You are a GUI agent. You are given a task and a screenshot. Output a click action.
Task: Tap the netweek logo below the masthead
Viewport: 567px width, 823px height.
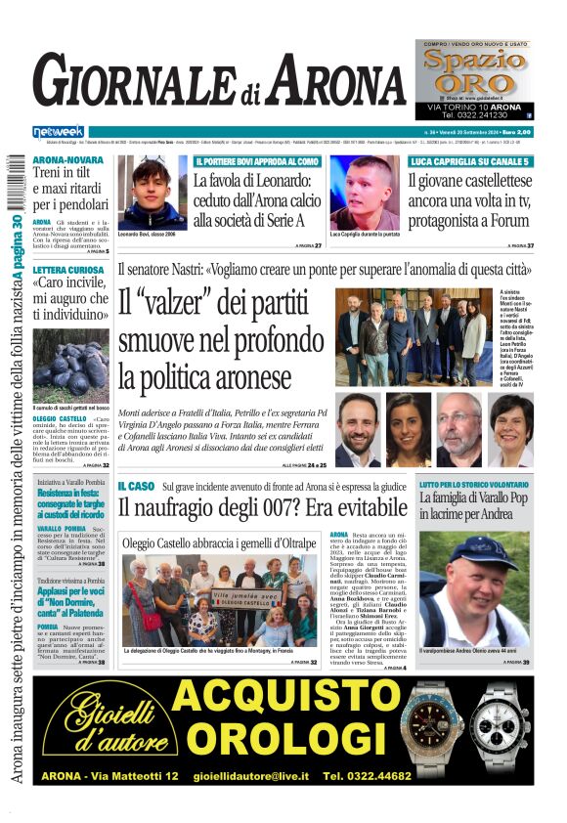[x=58, y=132]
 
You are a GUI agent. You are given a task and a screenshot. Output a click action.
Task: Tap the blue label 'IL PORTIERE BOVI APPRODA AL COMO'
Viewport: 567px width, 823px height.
[x=256, y=161]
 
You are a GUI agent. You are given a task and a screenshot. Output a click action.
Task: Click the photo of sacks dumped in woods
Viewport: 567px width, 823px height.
[x=70, y=353]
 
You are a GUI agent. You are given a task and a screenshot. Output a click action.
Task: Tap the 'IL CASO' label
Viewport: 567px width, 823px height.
[x=136, y=486]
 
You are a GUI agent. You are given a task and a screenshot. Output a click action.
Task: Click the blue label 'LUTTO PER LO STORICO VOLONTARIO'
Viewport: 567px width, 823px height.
[x=474, y=485]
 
